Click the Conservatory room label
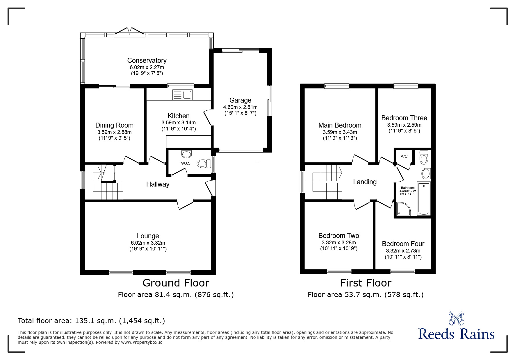pos(147,60)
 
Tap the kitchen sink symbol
pos(182,95)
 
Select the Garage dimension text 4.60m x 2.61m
pos(240,107)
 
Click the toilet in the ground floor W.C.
pos(204,164)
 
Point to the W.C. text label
pos(186,163)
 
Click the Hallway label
pos(158,184)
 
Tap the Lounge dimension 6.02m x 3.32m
pos(148,243)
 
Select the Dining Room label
pos(114,125)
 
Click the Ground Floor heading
pos(176,283)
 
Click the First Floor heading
pos(366,283)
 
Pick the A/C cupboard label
pos(404,156)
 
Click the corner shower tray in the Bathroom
pos(403,209)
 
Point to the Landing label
pos(365,182)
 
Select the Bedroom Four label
pos(403,244)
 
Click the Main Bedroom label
pos(340,125)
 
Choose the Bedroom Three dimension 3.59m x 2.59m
pos(404,125)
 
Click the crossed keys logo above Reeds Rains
pos(456,318)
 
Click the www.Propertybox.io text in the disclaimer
pos(142,342)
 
